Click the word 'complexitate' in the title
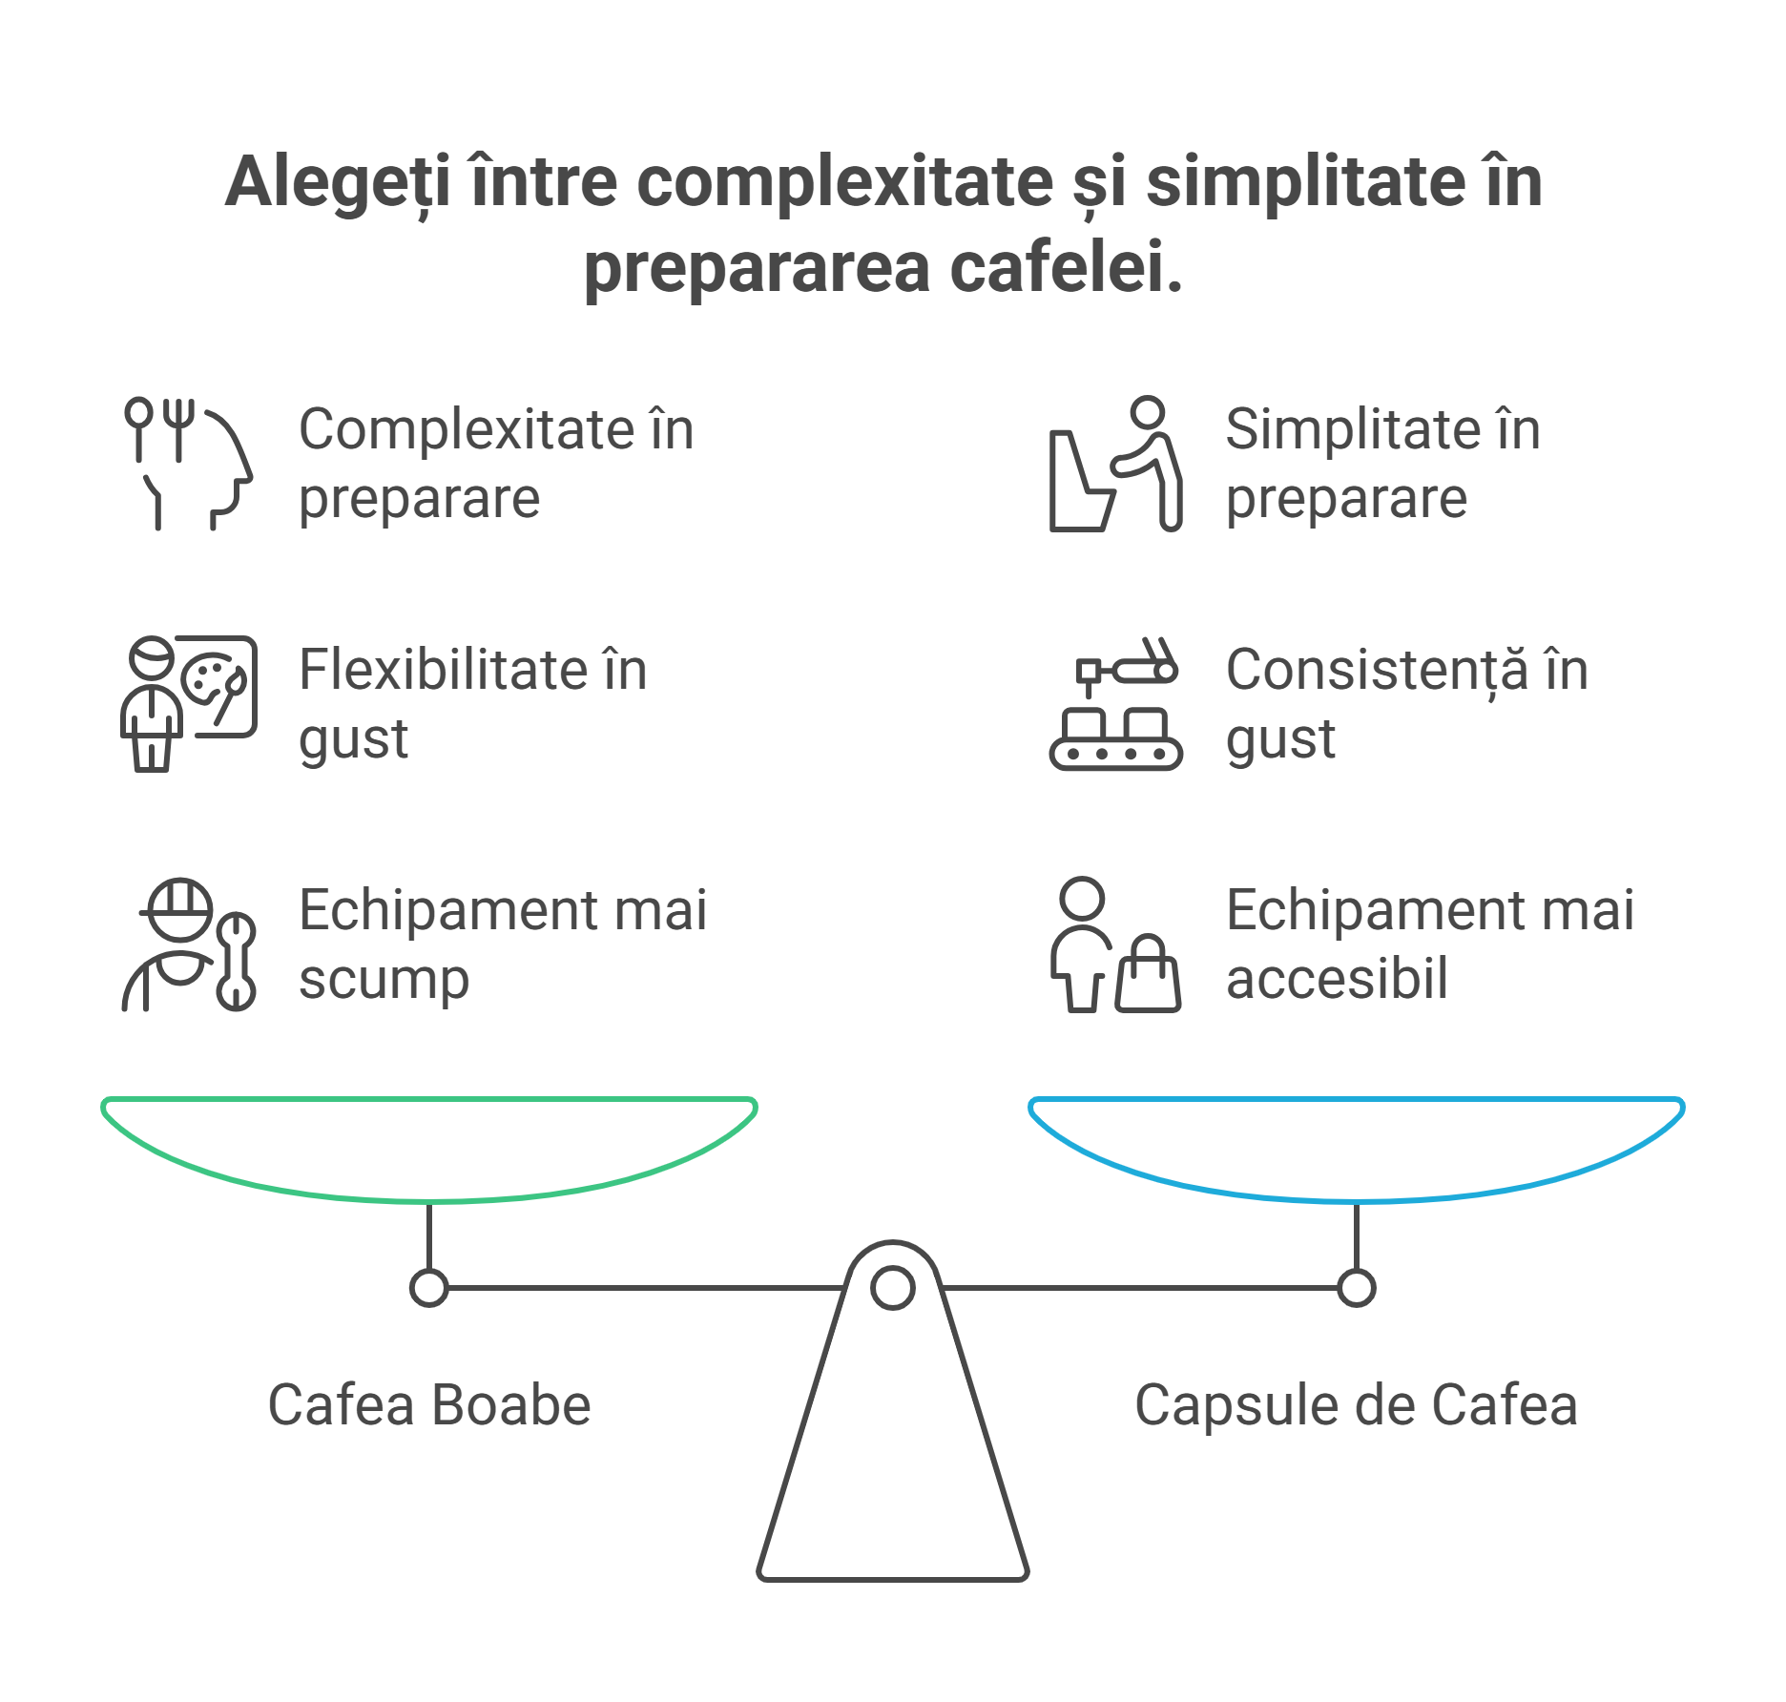pyautogui.click(x=845, y=183)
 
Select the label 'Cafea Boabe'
pyautogui.click(x=429, y=1405)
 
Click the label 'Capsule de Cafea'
pyautogui.click(x=1356, y=1405)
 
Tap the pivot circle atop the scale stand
pyautogui.click(x=893, y=1288)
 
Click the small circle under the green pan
pyautogui.click(x=429, y=1288)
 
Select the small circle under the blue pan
pyautogui.click(x=1356, y=1288)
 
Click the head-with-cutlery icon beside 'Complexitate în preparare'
pyautogui.click(x=189, y=464)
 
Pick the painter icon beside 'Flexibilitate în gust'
pyautogui.click(x=189, y=703)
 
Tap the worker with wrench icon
pyautogui.click(x=189, y=944)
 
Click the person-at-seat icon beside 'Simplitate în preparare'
pyautogui.click(x=1115, y=464)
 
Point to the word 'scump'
pyautogui.click(x=384, y=981)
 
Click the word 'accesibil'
pyautogui.click(x=1337, y=979)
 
